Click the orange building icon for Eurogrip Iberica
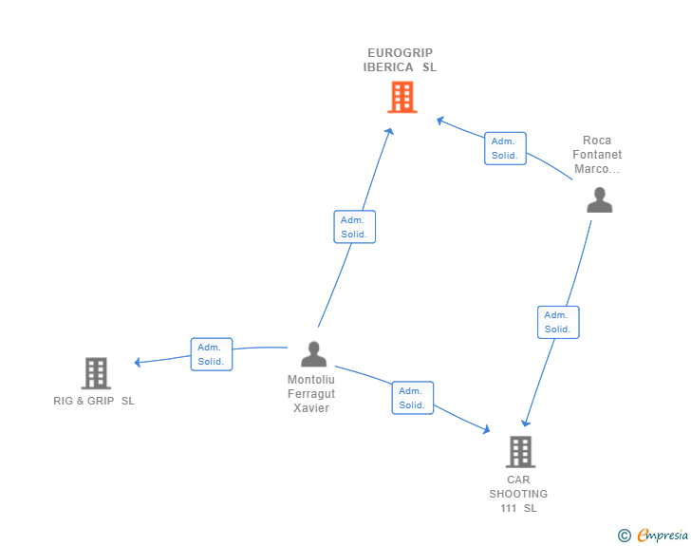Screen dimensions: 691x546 pyautogui.click(x=402, y=97)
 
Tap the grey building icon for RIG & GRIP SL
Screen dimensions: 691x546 pyautogui.click(x=96, y=373)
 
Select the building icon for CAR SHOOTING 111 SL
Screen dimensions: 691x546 pyautogui.click(x=520, y=452)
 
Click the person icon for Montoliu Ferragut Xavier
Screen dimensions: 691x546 pyautogui.click(x=314, y=354)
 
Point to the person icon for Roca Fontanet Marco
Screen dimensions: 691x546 pyautogui.click(x=599, y=199)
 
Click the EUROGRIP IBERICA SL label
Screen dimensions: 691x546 pyautogui.click(x=400, y=60)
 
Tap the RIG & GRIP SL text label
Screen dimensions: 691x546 pyautogui.click(x=94, y=401)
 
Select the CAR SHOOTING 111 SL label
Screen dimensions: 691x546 pyautogui.click(x=518, y=494)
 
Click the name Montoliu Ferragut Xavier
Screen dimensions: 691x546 pyautogui.click(x=311, y=394)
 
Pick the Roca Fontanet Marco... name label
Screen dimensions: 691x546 pyautogui.click(x=597, y=155)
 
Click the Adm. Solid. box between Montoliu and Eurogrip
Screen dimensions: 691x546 pyautogui.click(x=355, y=227)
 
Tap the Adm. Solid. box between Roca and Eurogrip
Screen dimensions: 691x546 pyautogui.click(x=506, y=148)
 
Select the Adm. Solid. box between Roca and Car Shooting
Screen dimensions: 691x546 pyautogui.click(x=558, y=323)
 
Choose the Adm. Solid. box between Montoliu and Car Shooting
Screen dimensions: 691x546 pyautogui.click(x=413, y=398)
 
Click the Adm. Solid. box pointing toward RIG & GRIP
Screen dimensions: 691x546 pyautogui.click(x=212, y=354)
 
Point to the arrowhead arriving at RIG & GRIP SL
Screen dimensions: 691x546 pyautogui.click(x=138, y=362)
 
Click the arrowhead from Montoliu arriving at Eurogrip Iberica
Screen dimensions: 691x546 pyautogui.click(x=389, y=131)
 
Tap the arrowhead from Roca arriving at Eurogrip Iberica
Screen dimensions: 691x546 pyautogui.click(x=440, y=121)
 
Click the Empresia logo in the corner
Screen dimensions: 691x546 pyautogui.click(x=663, y=535)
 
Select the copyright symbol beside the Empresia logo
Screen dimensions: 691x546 pyautogui.click(x=625, y=536)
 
